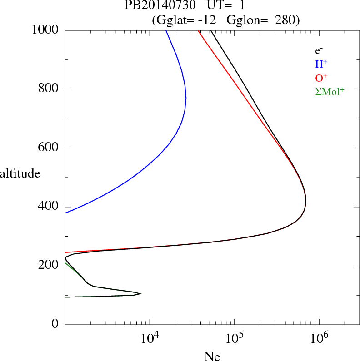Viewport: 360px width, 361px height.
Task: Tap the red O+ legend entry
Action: pyautogui.click(x=321, y=78)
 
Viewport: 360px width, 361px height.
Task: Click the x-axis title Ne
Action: pyautogui.click(x=212, y=357)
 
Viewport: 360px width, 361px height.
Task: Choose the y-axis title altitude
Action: pyautogui.click(x=20, y=173)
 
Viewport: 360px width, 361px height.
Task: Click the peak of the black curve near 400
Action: pyautogui.click(x=306, y=200)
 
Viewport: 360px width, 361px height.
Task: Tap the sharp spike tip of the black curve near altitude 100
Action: pyautogui.click(x=140, y=294)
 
